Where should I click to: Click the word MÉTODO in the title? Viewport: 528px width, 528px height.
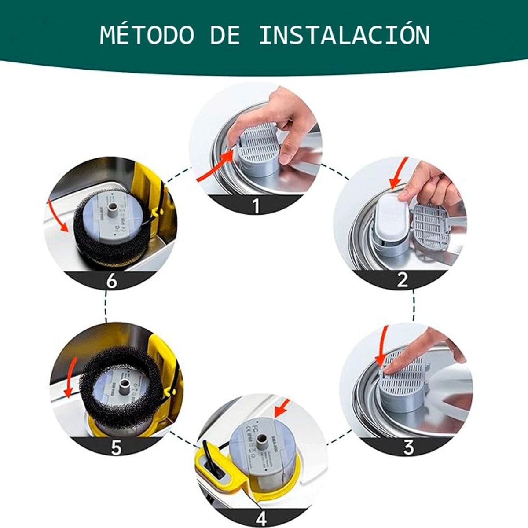147,35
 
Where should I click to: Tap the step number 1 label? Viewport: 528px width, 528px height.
257,205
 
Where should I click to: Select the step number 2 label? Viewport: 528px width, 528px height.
402,280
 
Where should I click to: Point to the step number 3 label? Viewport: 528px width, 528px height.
408,447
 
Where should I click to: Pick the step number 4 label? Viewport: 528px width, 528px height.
261,518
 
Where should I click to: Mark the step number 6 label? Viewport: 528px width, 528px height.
112,281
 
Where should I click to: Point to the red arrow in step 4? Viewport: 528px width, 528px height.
282,407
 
